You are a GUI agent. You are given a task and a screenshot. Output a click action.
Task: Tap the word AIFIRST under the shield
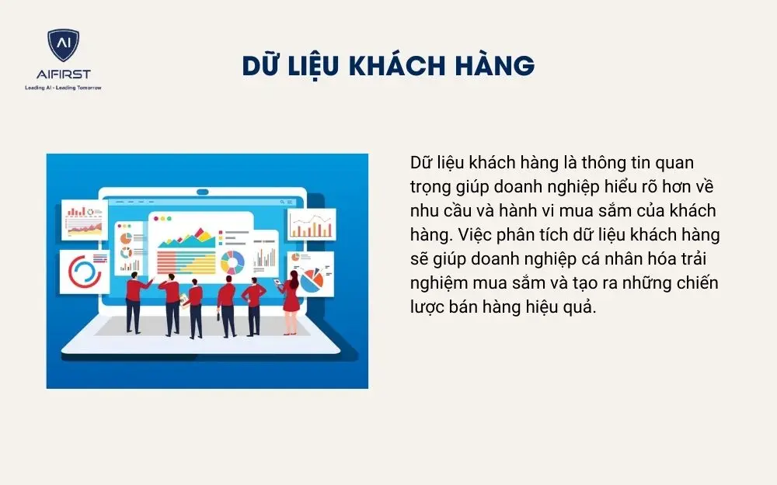(x=63, y=75)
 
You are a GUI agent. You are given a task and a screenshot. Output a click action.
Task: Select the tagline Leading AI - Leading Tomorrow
(x=63, y=88)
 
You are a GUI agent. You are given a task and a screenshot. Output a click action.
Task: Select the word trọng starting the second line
(x=432, y=187)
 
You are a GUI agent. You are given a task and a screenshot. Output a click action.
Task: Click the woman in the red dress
(x=291, y=299)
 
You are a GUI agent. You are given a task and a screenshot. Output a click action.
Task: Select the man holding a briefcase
(x=226, y=307)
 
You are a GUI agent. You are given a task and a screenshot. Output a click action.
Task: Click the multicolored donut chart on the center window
(x=232, y=262)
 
